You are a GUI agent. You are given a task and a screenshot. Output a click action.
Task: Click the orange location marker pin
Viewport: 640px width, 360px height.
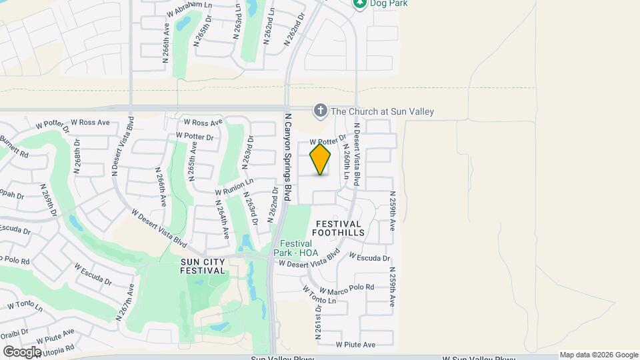(320, 159)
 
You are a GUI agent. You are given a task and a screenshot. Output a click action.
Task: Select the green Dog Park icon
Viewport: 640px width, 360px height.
(360, 3)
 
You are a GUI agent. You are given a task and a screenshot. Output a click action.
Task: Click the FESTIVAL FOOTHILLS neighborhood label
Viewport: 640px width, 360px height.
(340, 228)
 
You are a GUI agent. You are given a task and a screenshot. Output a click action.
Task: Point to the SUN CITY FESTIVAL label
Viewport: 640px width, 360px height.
(203, 266)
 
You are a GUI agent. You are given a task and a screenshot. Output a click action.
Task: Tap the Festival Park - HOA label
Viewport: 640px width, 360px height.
(297, 248)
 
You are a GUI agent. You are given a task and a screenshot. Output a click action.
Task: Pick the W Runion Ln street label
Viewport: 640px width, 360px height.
(234, 186)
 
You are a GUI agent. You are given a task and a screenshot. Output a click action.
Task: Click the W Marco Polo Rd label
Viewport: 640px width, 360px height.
(347, 289)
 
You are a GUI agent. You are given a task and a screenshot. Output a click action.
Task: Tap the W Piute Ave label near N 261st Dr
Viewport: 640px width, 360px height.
(355, 345)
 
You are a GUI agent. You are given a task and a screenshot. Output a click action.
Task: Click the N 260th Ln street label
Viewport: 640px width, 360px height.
(347, 164)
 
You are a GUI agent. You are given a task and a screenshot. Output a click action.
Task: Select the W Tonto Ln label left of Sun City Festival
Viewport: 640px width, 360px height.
(25, 305)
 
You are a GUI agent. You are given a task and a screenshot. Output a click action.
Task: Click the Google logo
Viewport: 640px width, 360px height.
(22, 351)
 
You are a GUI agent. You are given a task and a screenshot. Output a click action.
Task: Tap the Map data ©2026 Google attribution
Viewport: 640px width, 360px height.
(599, 355)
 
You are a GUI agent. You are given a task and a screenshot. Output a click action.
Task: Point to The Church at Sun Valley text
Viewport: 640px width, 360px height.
(382, 111)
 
